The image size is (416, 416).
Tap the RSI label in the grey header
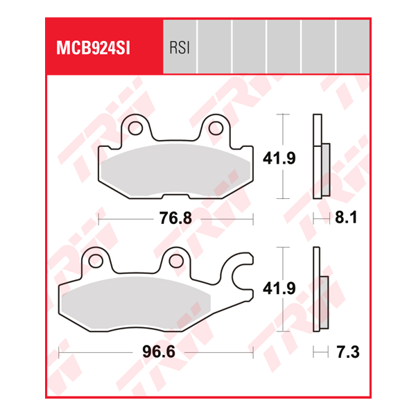coord(179,48)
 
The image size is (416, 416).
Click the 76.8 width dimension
coord(175,218)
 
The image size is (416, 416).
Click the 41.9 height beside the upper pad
coord(279,158)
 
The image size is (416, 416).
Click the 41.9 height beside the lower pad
coord(279,289)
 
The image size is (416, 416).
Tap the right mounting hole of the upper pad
coord(216,128)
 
